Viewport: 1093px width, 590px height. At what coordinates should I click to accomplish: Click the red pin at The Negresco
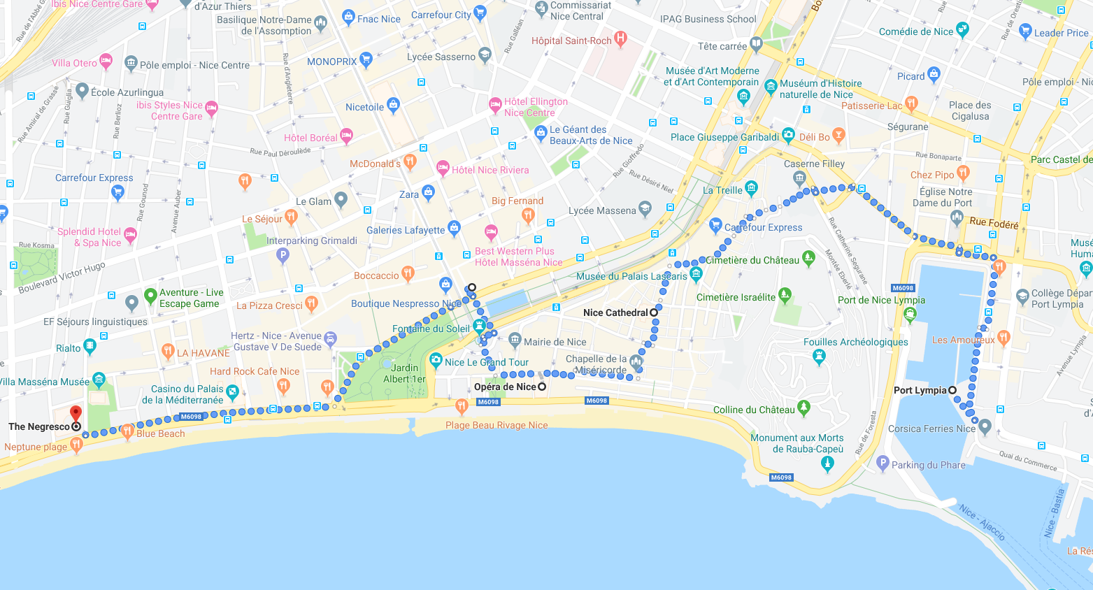pyautogui.click(x=76, y=413)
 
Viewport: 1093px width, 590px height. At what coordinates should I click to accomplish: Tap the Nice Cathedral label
pyautogui.click(x=615, y=312)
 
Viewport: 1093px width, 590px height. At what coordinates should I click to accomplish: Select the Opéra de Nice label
pyautogui.click(x=505, y=387)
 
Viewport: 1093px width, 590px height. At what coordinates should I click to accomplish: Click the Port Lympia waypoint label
pyautogui.click(x=920, y=390)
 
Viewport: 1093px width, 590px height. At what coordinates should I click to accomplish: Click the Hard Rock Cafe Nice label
pyautogui.click(x=255, y=371)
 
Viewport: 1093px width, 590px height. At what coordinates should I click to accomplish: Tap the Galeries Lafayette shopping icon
pyautogui.click(x=455, y=227)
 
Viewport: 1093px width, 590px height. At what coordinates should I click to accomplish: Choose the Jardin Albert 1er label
pyautogui.click(x=404, y=373)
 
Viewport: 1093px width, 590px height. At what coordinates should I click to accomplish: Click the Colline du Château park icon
pyautogui.click(x=804, y=406)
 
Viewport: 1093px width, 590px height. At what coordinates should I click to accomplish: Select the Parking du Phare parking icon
pyautogui.click(x=883, y=463)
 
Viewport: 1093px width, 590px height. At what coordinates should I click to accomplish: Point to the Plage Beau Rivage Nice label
pyautogui.click(x=497, y=425)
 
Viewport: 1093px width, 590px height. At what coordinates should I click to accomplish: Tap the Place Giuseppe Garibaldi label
pyautogui.click(x=724, y=137)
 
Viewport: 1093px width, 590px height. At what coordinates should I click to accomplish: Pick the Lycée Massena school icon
pyautogui.click(x=645, y=208)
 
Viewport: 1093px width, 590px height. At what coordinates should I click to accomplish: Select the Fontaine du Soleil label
pyautogui.click(x=431, y=329)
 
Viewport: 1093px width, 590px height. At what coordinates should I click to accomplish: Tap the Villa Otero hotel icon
pyautogui.click(x=106, y=61)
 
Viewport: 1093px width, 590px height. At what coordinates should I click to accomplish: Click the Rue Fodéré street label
pyautogui.click(x=994, y=224)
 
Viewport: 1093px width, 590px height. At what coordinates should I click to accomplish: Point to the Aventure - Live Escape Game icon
pyautogui.click(x=150, y=296)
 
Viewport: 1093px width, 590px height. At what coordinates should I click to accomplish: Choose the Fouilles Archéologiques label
pyautogui.click(x=855, y=342)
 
